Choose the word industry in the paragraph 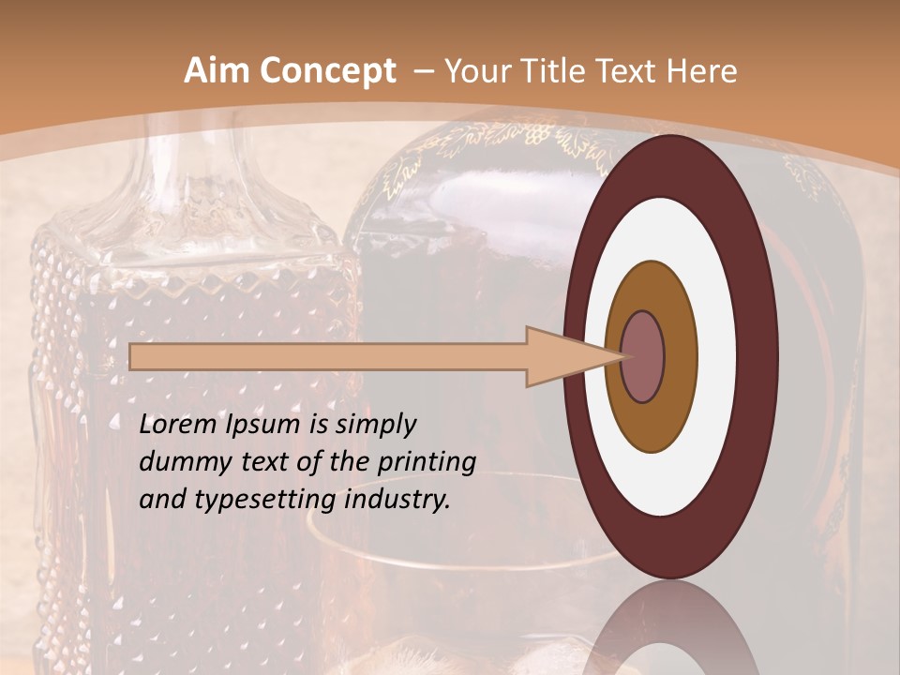click(x=399, y=500)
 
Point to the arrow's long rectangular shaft click(x=328, y=357)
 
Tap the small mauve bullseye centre click(x=643, y=357)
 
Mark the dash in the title click(x=422, y=72)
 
